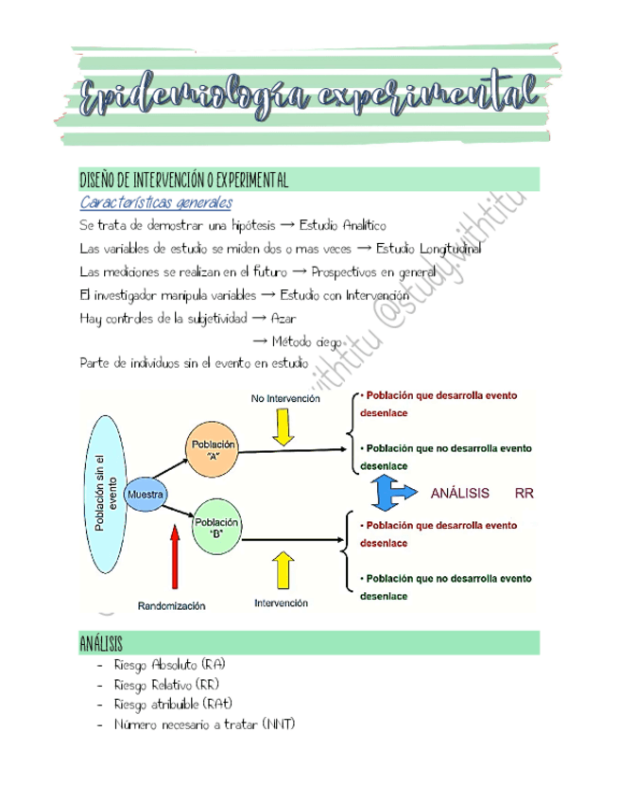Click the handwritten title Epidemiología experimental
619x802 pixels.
tap(309, 97)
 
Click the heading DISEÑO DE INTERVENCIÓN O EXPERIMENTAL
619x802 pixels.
tap(184, 180)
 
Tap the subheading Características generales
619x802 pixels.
tap(156, 203)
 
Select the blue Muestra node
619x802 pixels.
tap(146, 495)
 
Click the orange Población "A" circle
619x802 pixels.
tap(214, 451)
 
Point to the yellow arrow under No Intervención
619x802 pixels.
tap(282, 427)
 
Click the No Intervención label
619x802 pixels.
tap(285, 399)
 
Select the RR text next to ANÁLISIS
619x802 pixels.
tap(524, 494)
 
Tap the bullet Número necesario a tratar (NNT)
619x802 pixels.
tap(204, 724)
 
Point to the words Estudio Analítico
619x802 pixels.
tap(343, 225)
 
